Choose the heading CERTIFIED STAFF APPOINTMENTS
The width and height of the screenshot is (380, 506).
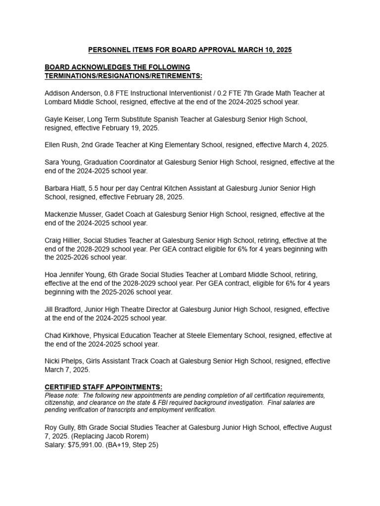(103, 387)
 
